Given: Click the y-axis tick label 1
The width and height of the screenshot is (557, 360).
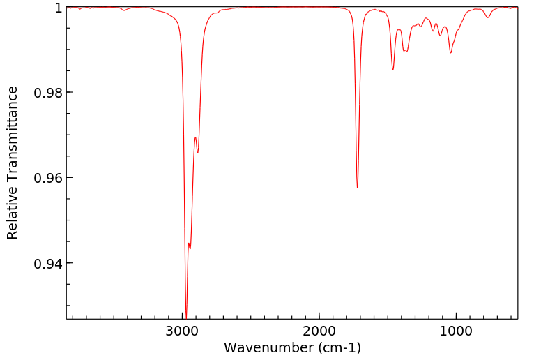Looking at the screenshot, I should click(58, 8).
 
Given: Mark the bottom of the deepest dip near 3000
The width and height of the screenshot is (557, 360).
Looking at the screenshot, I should click(186, 316).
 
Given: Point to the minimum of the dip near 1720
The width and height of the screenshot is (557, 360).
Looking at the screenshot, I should click(358, 188).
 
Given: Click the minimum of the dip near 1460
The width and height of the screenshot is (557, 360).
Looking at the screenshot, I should click(393, 70).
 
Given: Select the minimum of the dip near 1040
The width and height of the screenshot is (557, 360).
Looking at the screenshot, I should click(451, 52).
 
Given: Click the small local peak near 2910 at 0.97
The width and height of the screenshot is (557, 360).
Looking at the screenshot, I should click(195, 137).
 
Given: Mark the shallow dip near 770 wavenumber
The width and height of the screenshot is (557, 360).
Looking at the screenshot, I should click(487, 17).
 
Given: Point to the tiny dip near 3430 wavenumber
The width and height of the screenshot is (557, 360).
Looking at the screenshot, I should click(124, 10).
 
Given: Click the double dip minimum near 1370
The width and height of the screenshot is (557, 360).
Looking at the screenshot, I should click(406, 51).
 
